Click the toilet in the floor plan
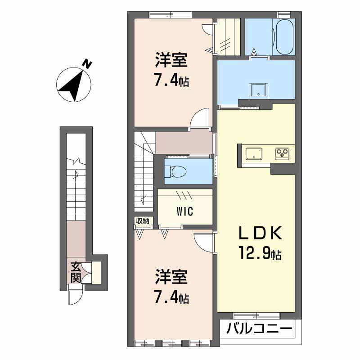tap(176, 171)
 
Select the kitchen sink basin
tap(254, 153)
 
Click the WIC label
tap(185, 211)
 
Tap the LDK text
tap(260, 233)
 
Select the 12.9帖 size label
tap(260, 252)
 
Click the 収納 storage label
tap(143, 221)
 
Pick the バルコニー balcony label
tap(259, 329)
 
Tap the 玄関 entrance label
tap(76, 272)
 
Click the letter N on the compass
tap(87, 63)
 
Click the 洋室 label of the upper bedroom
tap(171, 60)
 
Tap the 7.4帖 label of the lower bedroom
tap(172, 298)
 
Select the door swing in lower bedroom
tap(204, 243)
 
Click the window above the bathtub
tap(285, 15)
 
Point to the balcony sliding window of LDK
tap(256, 316)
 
